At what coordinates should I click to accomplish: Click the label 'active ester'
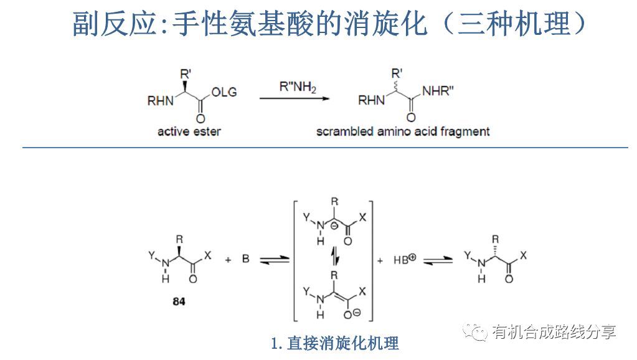pos(189,131)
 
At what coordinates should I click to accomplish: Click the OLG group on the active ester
pos(224,93)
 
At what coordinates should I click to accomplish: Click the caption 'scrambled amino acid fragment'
pos(403,131)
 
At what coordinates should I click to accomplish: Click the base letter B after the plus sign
pos(245,258)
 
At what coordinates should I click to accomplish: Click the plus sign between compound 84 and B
pos(227,258)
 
